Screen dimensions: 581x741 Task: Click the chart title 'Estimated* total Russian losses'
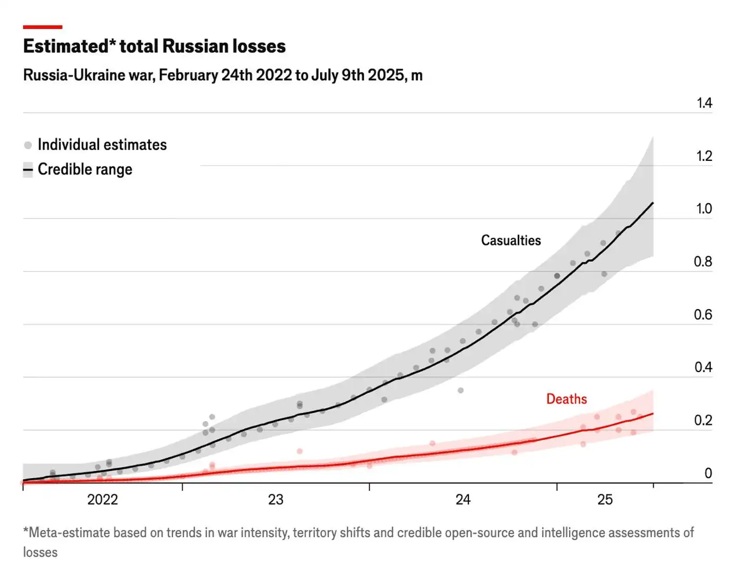(154, 47)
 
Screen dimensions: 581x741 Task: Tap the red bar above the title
(42, 27)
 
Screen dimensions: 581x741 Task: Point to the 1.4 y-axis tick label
(704, 103)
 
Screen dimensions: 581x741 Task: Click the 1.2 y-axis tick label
(704, 156)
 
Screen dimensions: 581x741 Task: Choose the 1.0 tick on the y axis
(704, 209)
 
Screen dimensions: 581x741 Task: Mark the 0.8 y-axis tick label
(703, 262)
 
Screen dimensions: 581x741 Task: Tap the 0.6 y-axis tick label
(703, 315)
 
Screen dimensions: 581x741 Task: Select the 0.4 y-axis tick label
(703, 367)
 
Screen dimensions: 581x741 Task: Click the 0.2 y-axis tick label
(703, 420)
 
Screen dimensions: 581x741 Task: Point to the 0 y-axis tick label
(708, 473)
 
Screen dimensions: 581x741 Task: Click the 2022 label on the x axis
(102, 500)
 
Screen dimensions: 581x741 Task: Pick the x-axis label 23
(276, 500)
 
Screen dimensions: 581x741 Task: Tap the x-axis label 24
(463, 500)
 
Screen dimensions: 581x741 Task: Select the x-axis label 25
(605, 500)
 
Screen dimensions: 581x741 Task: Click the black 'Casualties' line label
(511, 240)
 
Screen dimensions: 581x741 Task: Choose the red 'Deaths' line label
(566, 399)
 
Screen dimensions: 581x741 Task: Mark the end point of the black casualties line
(653, 203)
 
